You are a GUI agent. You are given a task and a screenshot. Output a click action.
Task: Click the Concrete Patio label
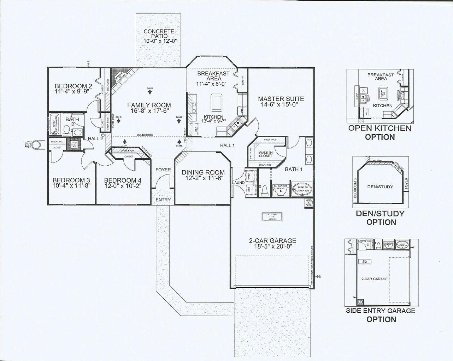[159, 32]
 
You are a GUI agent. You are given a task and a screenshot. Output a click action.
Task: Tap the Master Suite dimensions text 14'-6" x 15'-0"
[281, 105]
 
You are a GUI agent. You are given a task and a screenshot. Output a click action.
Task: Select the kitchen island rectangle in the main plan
[216, 102]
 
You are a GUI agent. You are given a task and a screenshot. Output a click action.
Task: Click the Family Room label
[149, 105]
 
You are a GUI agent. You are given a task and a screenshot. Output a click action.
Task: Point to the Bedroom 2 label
[73, 86]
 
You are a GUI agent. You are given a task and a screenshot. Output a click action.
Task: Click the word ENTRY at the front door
[163, 200]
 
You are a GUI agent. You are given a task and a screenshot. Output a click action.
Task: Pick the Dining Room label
[203, 172]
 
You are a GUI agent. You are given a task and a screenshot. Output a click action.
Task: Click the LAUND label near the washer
[238, 183]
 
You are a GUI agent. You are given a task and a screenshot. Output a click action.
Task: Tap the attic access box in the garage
[272, 217]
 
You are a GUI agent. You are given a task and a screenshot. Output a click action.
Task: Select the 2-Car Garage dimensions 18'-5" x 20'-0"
[272, 247]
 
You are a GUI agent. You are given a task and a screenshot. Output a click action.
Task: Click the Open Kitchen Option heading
[380, 132]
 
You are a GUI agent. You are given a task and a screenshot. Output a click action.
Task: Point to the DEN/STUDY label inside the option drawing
[380, 187]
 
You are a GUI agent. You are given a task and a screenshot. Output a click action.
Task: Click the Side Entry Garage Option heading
[381, 315]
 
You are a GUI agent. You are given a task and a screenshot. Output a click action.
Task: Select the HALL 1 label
[228, 145]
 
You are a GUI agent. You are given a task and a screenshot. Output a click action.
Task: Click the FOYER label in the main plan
[163, 170]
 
